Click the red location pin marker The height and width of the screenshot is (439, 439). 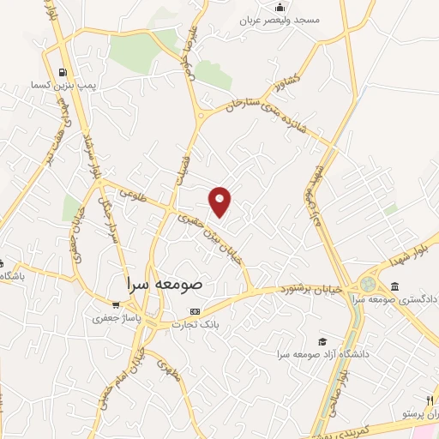coord(221,201)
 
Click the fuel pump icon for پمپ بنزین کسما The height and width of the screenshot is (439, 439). coord(62,73)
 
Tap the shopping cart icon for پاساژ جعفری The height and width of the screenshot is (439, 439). coord(117,304)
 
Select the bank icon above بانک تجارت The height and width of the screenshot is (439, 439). coord(195,310)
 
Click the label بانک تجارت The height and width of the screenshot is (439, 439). coord(195,324)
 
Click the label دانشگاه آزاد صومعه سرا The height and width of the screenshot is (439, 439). coord(322,354)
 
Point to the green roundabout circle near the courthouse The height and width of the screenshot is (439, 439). coord(368,283)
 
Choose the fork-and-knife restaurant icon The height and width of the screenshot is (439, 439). coord(430,400)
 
